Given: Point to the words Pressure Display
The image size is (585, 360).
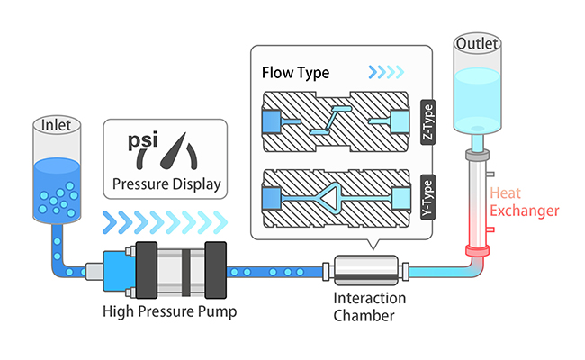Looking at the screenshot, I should click(166, 186).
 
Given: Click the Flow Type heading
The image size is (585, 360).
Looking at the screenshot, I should click(295, 71).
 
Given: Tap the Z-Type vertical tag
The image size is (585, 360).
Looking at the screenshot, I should click(428, 121).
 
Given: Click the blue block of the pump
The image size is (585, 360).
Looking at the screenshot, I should click(117, 269).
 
